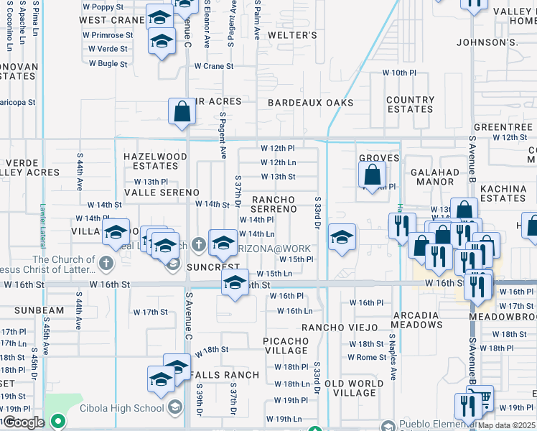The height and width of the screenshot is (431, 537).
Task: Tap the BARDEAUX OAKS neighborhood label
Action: pos(310,103)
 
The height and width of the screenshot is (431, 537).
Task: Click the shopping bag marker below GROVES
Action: pos(372,175)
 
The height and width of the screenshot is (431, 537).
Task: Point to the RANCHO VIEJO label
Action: pos(340,328)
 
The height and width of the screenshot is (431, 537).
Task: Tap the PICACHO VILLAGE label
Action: pos(286,345)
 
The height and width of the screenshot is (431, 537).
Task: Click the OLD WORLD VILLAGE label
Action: pos(354,388)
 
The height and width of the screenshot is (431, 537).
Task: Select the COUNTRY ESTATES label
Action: pos(410,104)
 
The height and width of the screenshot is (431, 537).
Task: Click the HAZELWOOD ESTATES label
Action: pos(155,161)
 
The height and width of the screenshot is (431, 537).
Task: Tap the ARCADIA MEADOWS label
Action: pos(417,320)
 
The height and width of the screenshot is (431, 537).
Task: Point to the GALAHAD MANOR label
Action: pos(434,177)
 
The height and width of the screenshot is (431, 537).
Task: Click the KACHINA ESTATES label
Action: pos(503,193)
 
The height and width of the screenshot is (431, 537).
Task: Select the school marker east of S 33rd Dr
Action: pos(342,238)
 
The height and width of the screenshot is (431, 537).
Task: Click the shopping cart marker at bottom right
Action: pos(482,397)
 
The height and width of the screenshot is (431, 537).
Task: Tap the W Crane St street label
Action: pos(214,66)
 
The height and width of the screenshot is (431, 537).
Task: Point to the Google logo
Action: pos(24,422)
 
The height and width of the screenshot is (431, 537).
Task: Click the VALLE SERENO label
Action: pos(162,193)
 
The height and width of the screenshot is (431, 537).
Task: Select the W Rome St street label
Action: pos(368,358)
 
